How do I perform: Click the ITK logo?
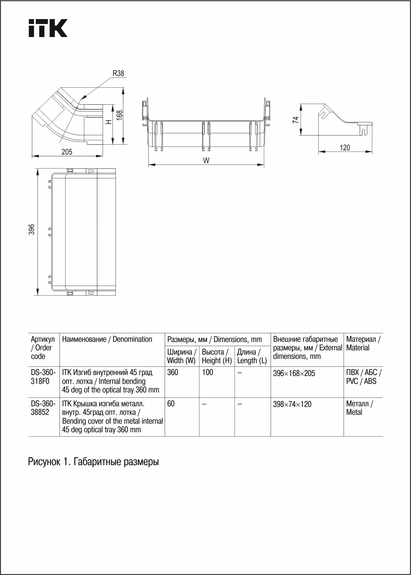pos(48,28)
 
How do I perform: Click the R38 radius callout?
pos(118,73)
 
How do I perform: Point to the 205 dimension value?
pos(67,152)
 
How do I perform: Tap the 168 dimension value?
pos(120,115)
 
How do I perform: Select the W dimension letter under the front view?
pos(206,161)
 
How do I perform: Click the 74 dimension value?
pos(296,120)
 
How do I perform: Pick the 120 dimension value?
pos(345,148)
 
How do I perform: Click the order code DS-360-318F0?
pos(43,377)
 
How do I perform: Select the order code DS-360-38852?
pos(43,408)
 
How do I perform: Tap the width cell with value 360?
pos(173,372)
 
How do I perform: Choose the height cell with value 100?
pos(207,372)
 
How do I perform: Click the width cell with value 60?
pos(171,404)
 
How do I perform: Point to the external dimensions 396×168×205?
pos(294,373)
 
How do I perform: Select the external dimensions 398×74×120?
pos(292,404)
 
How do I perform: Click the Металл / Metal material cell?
pos(359,408)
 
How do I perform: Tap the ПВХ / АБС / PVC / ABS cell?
pos(363,377)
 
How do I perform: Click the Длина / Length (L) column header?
pos(252,356)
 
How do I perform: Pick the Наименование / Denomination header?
pos(107,339)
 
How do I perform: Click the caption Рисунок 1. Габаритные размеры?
pos(93,462)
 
